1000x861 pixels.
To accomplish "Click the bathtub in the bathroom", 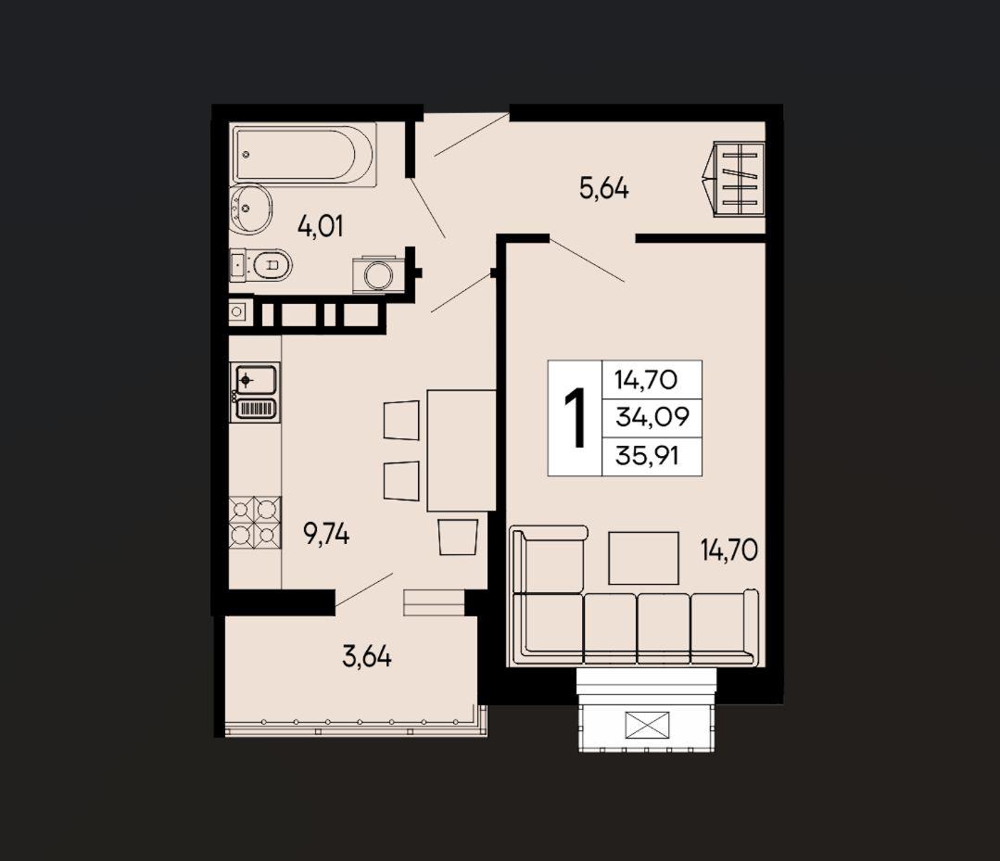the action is click(x=304, y=155).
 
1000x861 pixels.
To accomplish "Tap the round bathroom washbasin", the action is click(x=250, y=208).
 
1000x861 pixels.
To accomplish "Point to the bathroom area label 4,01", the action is click(x=320, y=226).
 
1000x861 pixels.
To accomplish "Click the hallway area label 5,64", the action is click(x=604, y=188).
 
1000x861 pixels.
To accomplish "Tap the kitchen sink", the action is click(x=256, y=392).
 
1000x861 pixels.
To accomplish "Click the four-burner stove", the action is click(x=255, y=523).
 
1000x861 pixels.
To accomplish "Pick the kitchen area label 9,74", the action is click(x=326, y=535).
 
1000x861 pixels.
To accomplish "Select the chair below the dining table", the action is click(x=458, y=537).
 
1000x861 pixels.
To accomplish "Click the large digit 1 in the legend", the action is click(x=576, y=417).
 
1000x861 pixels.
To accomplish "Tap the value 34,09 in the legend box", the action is click(x=652, y=417).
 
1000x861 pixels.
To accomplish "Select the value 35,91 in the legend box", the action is click(x=647, y=455).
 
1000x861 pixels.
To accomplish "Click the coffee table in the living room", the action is click(x=643, y=558).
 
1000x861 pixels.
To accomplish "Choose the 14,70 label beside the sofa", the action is click(x=729, y=550).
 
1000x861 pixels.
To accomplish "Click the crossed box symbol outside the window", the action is click(x=647, y=724).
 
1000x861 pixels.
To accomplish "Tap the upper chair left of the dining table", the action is click(x=401, y=420).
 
